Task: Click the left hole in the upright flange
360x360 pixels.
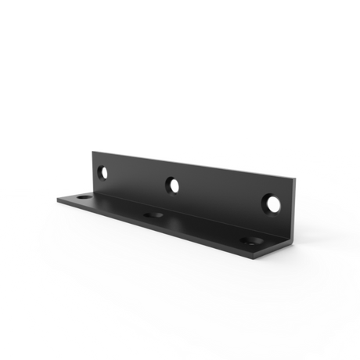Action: [x=103, y=170]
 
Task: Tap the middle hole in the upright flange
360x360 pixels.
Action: [x=172, y=185]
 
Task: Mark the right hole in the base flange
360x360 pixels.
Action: [x=249, y=241]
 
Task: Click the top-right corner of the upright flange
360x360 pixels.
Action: [x=297, y=179]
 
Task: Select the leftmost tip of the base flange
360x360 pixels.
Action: [x=57, y=198]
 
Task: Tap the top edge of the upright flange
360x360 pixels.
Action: [x=196, y=162]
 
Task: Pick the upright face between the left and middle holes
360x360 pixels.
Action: [x=137, y=178]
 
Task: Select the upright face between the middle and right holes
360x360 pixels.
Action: [x=223, y=196]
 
